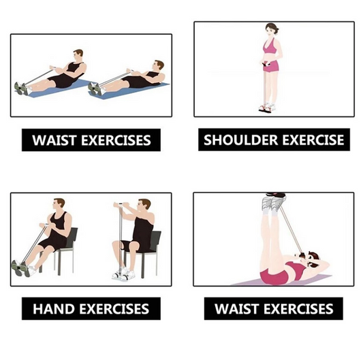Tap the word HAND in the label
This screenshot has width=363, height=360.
click(x=55, y=309)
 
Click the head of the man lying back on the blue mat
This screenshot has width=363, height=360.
click(x=159, y=65)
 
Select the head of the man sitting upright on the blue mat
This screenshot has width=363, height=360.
click(x=78, y=54)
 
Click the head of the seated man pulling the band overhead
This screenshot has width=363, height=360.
click(x=144, y=206)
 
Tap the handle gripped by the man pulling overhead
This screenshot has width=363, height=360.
click(x=122, y=204)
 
